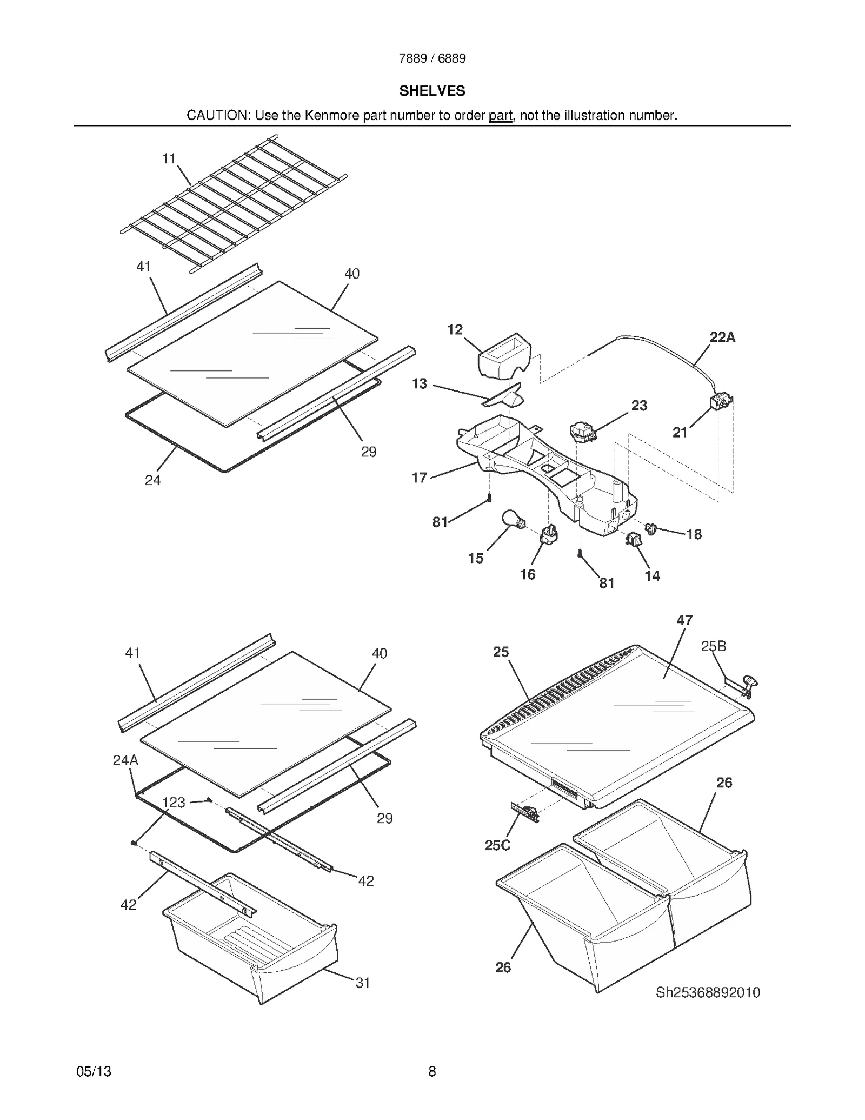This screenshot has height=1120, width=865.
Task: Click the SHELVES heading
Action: tap(432, 91)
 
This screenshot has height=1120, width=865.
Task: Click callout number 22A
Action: tap(722, 337)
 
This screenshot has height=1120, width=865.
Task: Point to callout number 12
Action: tap(455, 329)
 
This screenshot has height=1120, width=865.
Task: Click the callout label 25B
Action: tap(713, 646)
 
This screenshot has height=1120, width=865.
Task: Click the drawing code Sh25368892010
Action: tap(708, 992)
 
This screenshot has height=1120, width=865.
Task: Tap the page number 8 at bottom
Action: tap(432, 1071)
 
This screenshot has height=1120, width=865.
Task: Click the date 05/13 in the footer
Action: tap(94, 1071)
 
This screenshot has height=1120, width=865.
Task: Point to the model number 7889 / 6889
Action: tap(432, 58)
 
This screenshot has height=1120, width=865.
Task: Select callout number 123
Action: tap(174, 803)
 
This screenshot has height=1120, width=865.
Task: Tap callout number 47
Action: tap(684, 620)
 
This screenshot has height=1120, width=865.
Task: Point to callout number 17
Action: tap(420, 478)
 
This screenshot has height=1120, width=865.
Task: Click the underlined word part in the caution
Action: tap(500, 115)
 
